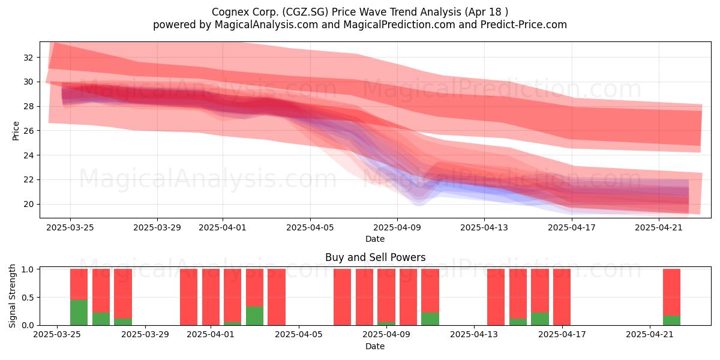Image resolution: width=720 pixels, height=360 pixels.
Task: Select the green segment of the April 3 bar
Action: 254,316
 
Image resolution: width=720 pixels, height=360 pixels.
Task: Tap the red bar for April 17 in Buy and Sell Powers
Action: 562,297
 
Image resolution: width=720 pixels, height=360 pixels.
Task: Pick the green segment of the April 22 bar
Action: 671,320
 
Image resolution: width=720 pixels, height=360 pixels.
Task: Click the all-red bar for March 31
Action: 188,297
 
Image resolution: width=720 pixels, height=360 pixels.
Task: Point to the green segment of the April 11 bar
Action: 430,319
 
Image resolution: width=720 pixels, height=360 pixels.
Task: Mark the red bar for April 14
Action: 496,297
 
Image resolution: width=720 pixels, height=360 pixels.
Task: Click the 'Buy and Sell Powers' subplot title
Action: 375,257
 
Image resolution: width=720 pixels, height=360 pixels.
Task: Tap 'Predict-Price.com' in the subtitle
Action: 524,25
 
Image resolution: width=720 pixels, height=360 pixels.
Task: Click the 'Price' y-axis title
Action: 16,131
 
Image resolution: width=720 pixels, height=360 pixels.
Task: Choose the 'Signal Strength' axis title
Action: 12,296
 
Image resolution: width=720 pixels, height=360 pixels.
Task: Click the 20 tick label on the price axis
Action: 28,204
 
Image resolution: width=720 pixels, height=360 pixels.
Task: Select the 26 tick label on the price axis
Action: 28,131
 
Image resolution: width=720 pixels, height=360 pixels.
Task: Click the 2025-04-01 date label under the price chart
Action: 223,227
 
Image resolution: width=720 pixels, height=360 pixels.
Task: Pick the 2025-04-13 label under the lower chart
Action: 474,334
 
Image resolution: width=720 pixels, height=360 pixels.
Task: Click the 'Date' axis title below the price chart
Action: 375,239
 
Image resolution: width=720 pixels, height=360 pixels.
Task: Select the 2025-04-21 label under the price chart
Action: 659,227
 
